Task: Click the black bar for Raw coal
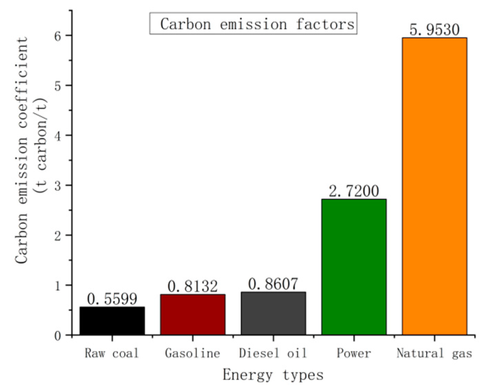[112, 321]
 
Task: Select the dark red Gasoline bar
[193, 314]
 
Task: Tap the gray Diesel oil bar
[273, 313]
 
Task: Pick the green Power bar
[354, 267]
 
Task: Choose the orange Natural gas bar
[434, 186]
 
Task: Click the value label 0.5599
[112, 299]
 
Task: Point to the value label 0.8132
[193, 286]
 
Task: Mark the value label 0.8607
[273, 284]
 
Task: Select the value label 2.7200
[354, 191]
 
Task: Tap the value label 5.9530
[434, 30]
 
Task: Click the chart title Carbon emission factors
[253, 24]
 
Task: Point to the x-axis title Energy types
[273, 375]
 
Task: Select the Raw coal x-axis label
[112, 353]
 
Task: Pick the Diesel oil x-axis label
[273, 353]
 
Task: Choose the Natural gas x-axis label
[434, 353]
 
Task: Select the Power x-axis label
[354, 353]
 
